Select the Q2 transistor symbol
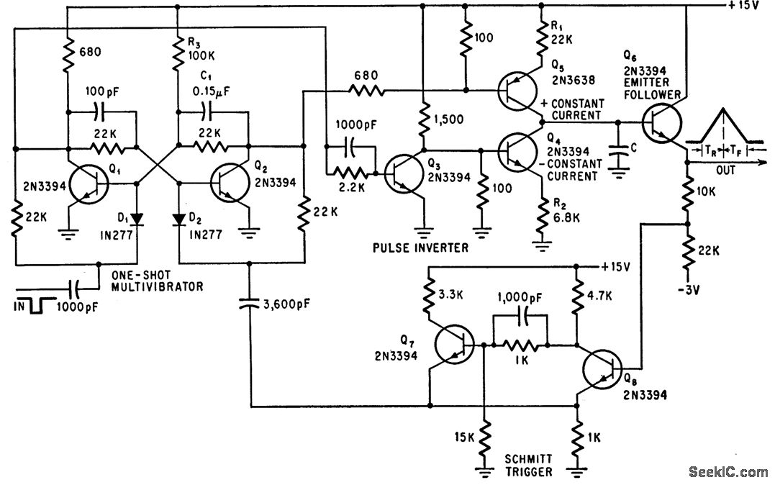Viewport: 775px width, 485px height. tap(230, 183)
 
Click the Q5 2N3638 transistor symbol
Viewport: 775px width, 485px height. tap(517, 91)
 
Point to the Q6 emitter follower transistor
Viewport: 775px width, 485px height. tap(662, 122)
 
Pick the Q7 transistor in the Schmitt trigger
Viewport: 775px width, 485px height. tap(454, 344)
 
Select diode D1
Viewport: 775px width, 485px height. tap(137, 219)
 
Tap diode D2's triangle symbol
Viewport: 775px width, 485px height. tap(179, 219)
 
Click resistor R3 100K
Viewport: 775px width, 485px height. tap(177, 55)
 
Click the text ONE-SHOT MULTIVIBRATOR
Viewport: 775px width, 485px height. tap(157, 281)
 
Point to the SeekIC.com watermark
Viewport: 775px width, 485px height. tap(728, 471)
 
